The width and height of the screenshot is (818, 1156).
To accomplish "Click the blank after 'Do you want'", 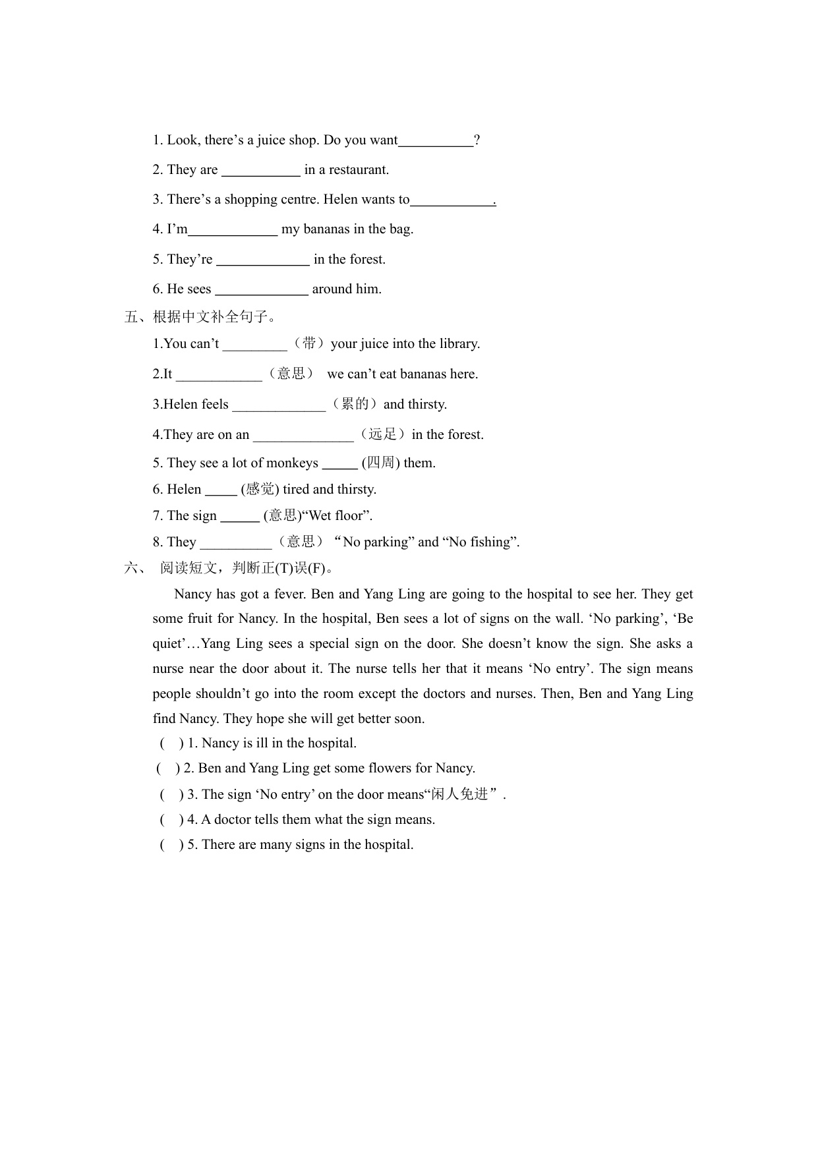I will [x=436, y=141].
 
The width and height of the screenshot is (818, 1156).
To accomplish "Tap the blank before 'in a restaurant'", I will [x=260, y=171].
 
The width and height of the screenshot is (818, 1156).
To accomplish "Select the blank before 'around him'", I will [x=262, y=290].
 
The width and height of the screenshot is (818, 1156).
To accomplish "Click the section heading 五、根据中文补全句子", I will [x=200, y=317].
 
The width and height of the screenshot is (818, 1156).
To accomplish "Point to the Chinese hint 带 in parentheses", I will [x=308, y=343].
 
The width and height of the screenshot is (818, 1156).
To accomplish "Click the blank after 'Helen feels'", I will [x=279, y=405].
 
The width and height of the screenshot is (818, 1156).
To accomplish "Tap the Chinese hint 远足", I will [x=382, y=434].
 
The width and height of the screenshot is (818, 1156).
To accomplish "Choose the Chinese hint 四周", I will [x=380, y=463].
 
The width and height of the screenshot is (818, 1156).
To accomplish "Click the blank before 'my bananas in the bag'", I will [x=233, y=230].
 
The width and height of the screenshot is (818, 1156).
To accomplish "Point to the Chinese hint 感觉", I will [x=260, y=489].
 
